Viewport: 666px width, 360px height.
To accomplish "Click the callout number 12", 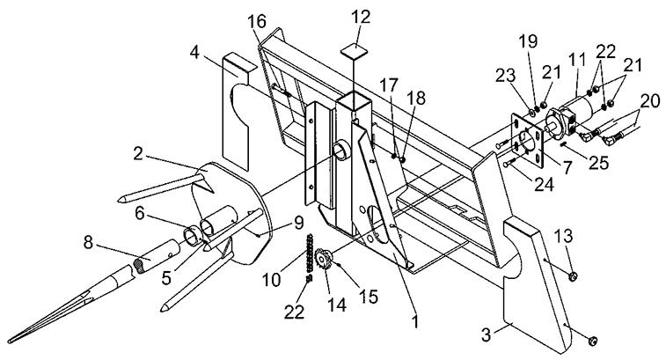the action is pyautogui.click(x=361, y=18).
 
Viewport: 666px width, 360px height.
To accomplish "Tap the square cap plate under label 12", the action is pyautogui.click(x=355, y=51).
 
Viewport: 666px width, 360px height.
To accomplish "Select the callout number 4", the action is pyautogui.click(x=194, y=54).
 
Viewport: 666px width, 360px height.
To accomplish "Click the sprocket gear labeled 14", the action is pyautogui.click(x=324, y=259).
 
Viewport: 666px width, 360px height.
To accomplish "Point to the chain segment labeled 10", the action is pyautogui.click(x=310, y=253).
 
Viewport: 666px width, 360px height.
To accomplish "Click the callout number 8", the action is pyautogui.click(x=88, y=243).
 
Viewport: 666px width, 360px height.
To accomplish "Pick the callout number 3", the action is pyautogui.click(x=487, y=335).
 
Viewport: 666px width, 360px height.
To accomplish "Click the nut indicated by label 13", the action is pyautogui.click(x=574, y=276).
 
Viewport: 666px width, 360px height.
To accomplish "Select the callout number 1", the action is pyautogui.click(x=416, y=321).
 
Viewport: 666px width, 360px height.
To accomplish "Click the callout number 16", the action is pyautogui.click(x=258, y=21).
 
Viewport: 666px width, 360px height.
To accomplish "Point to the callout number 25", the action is pyautogui.click(x=598, y=163).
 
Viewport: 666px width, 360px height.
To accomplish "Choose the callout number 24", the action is pyautogui.click(x=544, y=185).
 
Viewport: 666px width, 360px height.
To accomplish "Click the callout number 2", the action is pyautogui.click(x=137, y=154).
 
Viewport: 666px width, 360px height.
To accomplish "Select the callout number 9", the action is pyautogui.click(x=297, y=222).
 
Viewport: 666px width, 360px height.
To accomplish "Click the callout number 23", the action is pyautogui.click(x=506, y=76).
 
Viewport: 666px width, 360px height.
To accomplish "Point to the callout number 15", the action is pyautogui.click(x=370, y=297).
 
